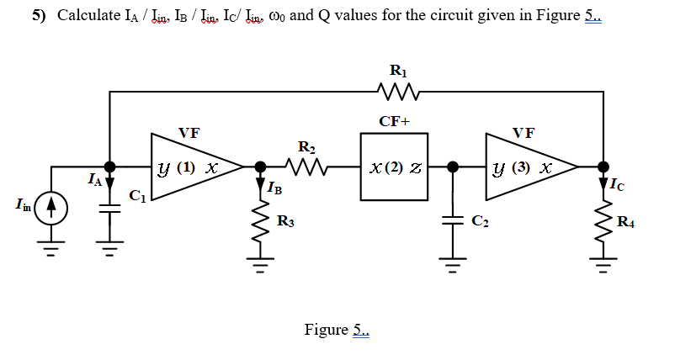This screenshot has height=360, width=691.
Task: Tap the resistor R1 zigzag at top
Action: (395, 91)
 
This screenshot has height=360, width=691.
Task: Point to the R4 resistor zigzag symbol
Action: (603, 221)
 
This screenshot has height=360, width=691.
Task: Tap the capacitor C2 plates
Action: (453, 221)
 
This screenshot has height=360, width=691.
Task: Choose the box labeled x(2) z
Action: (395, 167)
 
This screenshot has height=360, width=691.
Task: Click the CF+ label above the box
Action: (395, 121)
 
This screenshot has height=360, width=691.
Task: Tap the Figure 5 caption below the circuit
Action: (336, 329)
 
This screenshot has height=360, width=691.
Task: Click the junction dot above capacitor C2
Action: (453, 167)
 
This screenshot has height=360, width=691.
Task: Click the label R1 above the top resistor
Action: (395, 71)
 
